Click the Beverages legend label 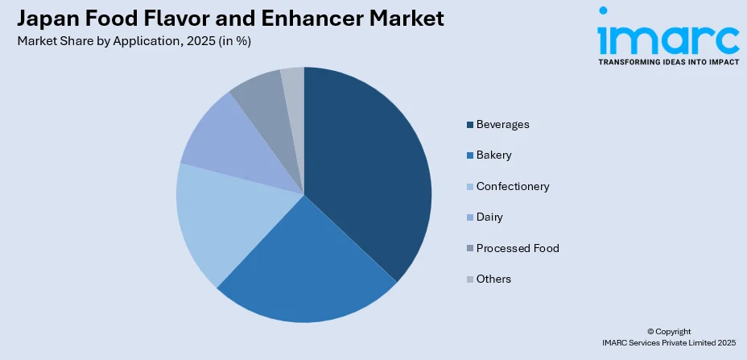pos(502,125)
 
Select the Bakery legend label pos(493,155)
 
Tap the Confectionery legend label pos(513,186)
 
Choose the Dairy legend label pos(489,217)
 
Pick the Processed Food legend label pos(518,248)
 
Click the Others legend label pos(493,279)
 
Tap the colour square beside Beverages pos(469,125)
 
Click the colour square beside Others pos(469,279)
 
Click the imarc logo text pos(667,36)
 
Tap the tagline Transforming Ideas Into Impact pos(667,61)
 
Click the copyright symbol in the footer pos(650,332)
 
